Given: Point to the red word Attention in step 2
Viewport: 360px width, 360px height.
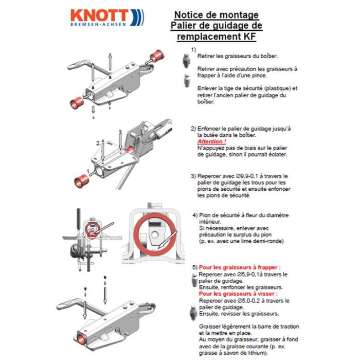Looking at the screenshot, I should pos(211,141).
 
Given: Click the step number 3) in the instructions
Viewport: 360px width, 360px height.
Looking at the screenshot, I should pos(193,175).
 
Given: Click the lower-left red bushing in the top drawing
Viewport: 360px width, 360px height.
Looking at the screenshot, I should pos(76,102).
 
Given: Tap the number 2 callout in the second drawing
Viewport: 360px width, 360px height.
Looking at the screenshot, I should pos(97,142).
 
